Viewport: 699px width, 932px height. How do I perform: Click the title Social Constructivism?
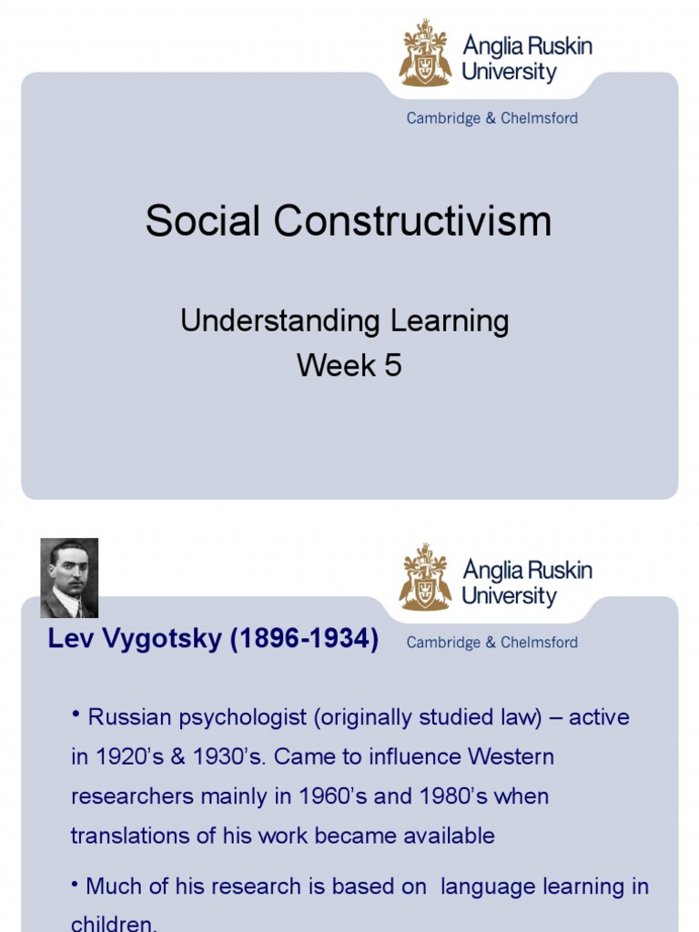(x=349, y=221)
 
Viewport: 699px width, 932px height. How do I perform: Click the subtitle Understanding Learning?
(x=344, y=320)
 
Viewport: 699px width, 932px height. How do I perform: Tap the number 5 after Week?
(x=392, y=366)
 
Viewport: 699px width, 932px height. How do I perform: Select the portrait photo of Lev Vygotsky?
(x=69, y=578)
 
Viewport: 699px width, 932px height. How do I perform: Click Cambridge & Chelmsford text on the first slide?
(x=491, y=118)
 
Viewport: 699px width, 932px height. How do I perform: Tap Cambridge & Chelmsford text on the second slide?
(x=491, y=643)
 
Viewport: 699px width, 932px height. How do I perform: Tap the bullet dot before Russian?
(x=76, y=715)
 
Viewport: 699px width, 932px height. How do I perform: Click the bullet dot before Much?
(x=76, y=885)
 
